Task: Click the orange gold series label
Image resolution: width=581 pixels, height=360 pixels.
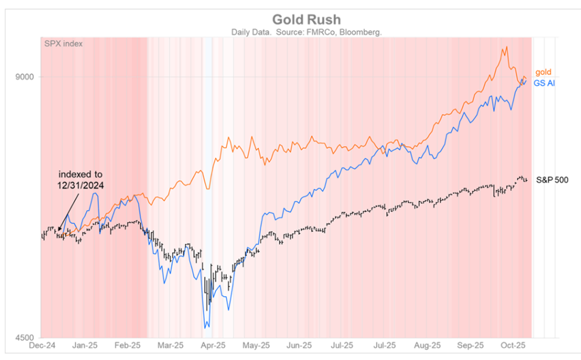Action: (x=543, y=72)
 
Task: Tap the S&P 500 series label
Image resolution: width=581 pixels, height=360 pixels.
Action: (x=552, y=180)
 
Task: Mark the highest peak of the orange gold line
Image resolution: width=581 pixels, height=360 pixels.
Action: (x=504, y=47)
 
